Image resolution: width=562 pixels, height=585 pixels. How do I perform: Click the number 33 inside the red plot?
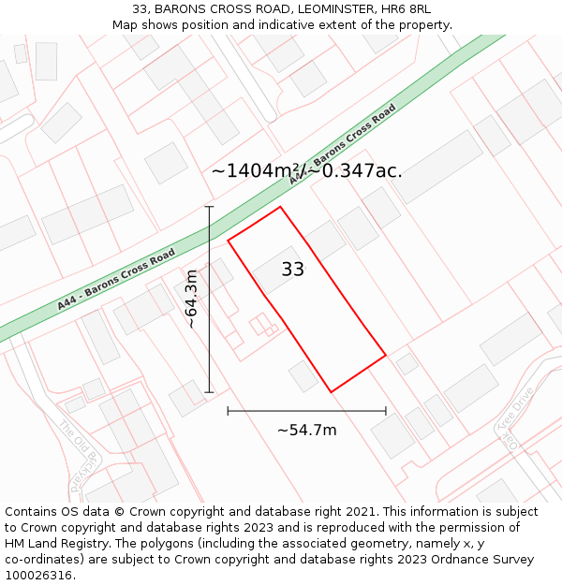tap(293, 270)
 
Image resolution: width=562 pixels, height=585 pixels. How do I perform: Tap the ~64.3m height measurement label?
tap(191, 299)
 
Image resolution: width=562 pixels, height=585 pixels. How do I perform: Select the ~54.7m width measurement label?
tap(306, 431)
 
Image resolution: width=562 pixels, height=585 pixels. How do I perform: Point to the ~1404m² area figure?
tap(254, 171)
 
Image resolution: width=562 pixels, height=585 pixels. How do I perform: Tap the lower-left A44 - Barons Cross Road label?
tap(116, 279)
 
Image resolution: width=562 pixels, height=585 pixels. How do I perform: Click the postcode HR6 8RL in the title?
tap(407, 8)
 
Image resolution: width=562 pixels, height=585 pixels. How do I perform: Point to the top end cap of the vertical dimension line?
tap(209, 207)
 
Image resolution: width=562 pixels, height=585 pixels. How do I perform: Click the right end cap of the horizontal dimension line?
tap(386, 411)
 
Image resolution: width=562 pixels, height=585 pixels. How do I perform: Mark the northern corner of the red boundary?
tap(280, 207)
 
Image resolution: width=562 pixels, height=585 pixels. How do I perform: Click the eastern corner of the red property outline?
tap(386, 355)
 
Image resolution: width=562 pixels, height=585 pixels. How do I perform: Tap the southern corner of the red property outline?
tap(331, 391)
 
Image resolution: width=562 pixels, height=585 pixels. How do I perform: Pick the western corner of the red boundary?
tap(228, 241)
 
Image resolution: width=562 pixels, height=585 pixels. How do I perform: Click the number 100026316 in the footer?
tap(38, 576)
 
